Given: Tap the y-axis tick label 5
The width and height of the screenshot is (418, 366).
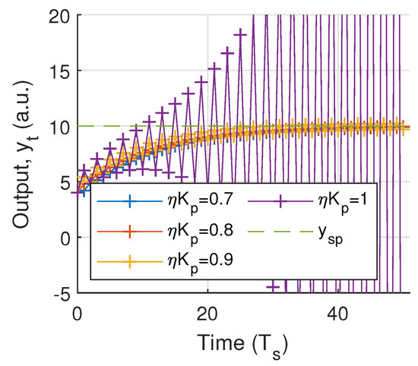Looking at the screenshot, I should click(63, 182).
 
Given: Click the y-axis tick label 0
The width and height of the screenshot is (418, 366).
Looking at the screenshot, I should click(63, 238).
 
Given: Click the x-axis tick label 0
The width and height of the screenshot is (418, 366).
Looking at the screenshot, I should click(78, 312).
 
